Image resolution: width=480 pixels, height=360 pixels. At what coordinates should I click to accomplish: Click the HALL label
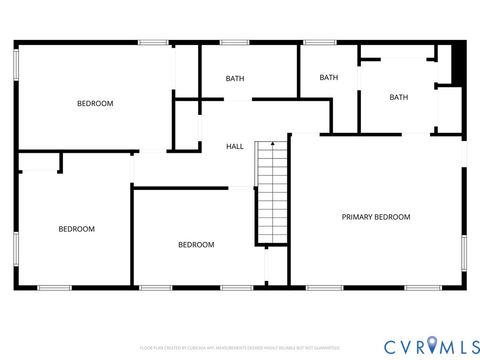235,147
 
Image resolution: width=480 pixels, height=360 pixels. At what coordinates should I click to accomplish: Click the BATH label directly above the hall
235,78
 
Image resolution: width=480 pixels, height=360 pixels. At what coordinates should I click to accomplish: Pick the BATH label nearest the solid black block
399,97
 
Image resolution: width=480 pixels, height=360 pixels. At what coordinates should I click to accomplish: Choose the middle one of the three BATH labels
329,78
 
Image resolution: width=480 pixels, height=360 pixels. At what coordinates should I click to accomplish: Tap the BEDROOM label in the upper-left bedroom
95,104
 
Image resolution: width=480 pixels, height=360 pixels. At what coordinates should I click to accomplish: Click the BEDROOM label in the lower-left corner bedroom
76,229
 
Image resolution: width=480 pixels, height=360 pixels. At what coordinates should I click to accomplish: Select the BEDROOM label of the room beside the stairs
196,245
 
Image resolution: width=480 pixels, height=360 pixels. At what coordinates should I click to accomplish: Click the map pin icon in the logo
432,344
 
